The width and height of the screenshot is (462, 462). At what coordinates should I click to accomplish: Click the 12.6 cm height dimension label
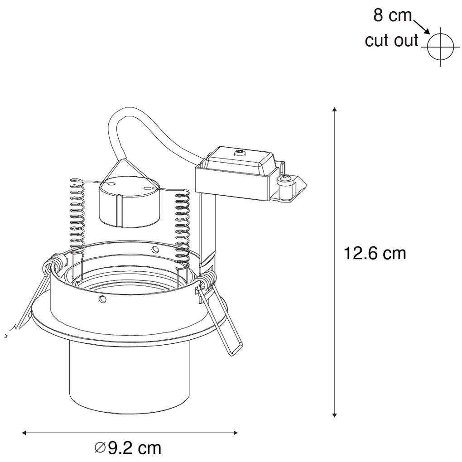[375, 253]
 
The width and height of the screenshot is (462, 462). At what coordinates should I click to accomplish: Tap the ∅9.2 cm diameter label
[128, 448]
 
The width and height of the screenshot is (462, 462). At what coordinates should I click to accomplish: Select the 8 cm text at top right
[392, 15]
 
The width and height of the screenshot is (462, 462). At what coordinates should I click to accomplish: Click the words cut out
[392, 40]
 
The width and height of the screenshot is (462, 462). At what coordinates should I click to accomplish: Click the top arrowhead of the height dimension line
[334, 110]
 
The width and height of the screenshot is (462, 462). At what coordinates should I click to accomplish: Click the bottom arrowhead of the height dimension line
[334, 415]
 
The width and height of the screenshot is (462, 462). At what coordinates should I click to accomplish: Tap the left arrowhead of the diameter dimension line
[24, 433]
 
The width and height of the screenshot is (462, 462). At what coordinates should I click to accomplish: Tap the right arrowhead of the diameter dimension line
[235, 433]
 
